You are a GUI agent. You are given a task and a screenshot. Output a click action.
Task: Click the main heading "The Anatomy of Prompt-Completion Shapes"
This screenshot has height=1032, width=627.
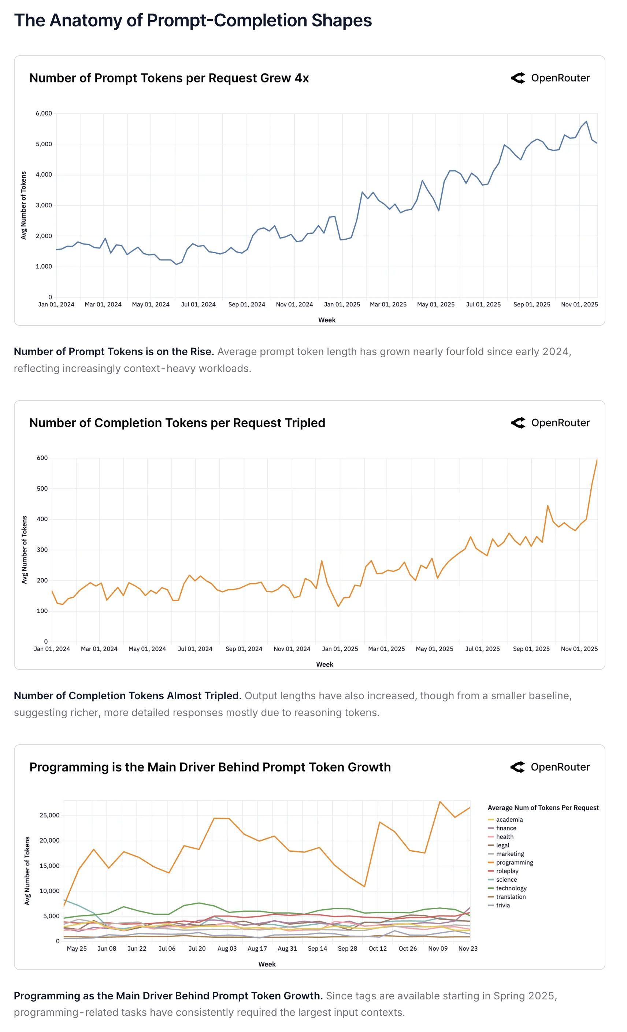point(193,21)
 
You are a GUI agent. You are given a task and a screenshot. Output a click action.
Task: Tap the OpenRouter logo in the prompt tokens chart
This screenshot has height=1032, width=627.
point(550,78)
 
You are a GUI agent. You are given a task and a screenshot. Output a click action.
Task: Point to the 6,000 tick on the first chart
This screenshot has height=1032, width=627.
point(44,114)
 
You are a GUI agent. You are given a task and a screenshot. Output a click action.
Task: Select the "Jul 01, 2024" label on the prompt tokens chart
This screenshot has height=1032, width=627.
point(198,305)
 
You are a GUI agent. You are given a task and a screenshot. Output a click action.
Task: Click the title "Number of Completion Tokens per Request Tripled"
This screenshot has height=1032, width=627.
point(177,423)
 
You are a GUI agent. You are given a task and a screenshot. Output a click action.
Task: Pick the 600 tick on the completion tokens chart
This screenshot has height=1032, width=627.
point(42,458)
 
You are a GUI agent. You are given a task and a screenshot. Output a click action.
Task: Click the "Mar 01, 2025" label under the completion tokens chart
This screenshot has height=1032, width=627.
point(386,649)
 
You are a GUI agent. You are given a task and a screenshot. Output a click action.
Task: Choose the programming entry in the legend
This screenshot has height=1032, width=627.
point(515,862)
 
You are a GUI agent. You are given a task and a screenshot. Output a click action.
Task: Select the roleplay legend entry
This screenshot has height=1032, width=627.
point(507,871)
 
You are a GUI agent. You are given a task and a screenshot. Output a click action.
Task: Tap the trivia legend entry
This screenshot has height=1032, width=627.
point(503,906)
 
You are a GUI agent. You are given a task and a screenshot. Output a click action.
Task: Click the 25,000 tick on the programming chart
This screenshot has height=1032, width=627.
point(49,815)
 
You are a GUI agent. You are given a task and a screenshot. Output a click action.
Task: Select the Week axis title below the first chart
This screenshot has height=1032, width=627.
point(326,320)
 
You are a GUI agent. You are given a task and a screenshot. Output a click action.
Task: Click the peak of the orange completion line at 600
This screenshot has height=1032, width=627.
point(597,459)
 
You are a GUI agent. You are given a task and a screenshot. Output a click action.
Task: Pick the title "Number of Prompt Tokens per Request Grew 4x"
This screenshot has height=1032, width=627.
point(169,78)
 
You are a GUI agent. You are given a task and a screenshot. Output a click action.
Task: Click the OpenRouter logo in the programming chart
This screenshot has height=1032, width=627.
point(550,767)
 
